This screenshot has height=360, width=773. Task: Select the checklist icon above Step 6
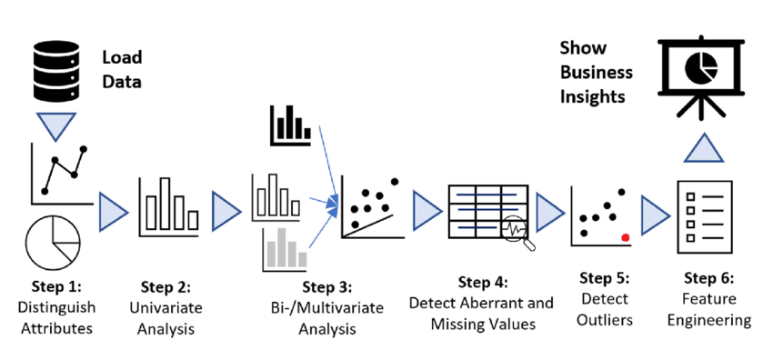704,210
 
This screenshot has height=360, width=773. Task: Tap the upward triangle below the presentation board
704,147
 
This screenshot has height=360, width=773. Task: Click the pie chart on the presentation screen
701,67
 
